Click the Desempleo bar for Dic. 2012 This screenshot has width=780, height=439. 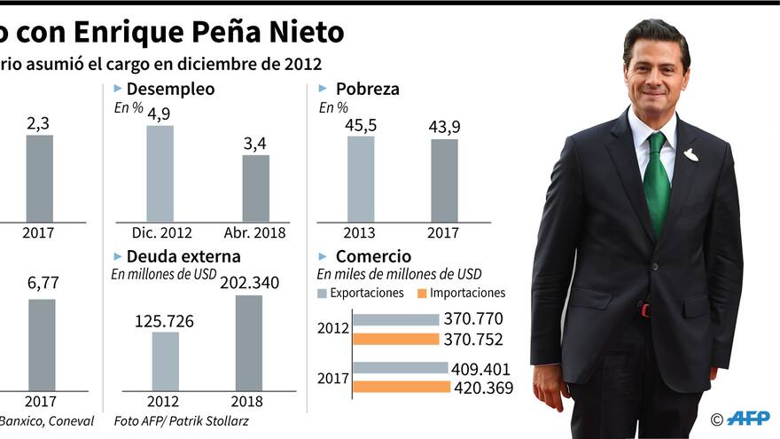click(160, 174)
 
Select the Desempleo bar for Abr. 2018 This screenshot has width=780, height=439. click(256, 188)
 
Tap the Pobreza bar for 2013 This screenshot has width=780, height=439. click(361, 178)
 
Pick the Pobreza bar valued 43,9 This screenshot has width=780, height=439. click(444, 180)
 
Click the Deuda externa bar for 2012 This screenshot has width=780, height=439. click(165, 361)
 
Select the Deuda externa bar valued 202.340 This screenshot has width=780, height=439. click(248, 342)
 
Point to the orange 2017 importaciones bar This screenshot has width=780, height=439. click(402, 387)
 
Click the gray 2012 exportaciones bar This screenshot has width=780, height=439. click(396, 319)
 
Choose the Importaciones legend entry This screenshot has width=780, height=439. click(461, 293)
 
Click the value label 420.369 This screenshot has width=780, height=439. click(483, 388)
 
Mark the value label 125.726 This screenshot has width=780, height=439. click(164, 321)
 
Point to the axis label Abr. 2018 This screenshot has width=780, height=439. click(256, 232)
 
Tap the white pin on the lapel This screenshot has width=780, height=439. click(690, 155)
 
